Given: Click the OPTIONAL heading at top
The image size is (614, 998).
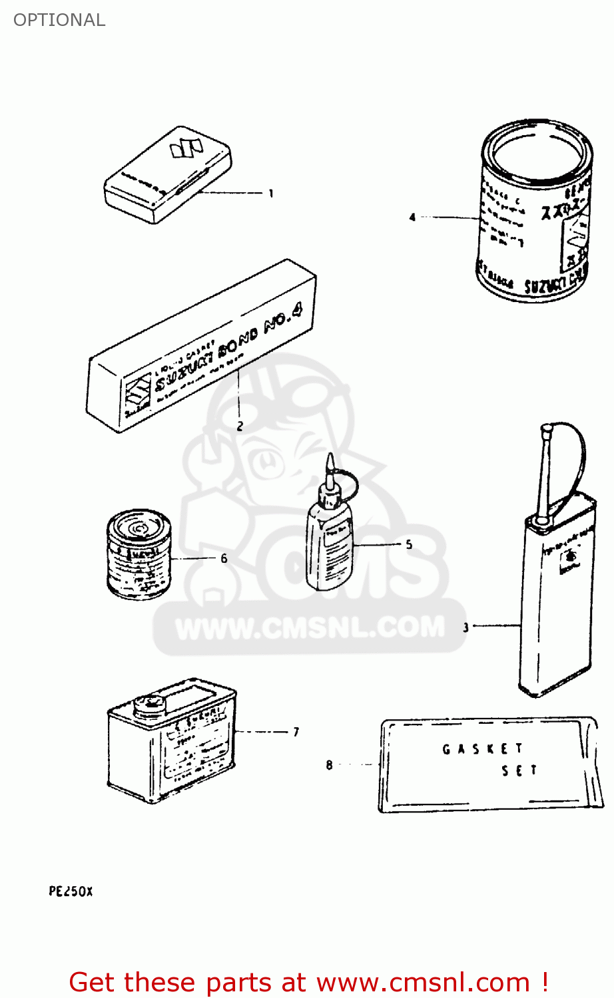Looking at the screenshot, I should tap(59, 20).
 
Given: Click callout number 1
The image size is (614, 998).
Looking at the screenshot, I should tap(271, 194).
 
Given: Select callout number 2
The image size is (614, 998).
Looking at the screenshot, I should tap(240, 426).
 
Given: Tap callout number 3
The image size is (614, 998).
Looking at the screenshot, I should tap(465, 627).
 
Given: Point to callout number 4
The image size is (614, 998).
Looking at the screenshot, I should tap(412, 217).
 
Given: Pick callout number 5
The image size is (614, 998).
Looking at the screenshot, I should tap(409, 544).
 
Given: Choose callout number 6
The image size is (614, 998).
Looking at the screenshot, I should tap(224, 558).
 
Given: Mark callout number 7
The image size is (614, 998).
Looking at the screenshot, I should tap(296, 732).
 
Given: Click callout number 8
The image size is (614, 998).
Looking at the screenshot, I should tap(329, 765).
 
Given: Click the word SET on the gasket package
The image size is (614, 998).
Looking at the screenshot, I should tap(519, 770).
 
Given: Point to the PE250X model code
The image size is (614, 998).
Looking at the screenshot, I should tap(71, 892).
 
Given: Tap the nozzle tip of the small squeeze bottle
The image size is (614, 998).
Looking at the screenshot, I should tap(329, 460).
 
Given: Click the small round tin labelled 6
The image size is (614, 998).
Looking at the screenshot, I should tap(139, 554).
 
